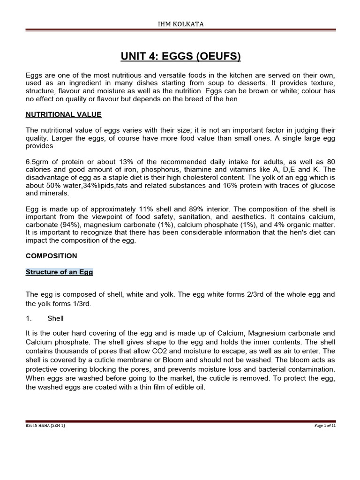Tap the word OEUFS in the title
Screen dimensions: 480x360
click(216, 57)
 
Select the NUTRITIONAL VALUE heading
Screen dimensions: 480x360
click(63, 114)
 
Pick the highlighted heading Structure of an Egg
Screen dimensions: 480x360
click(59, 272)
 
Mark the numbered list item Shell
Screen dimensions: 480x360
click(55, 318)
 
